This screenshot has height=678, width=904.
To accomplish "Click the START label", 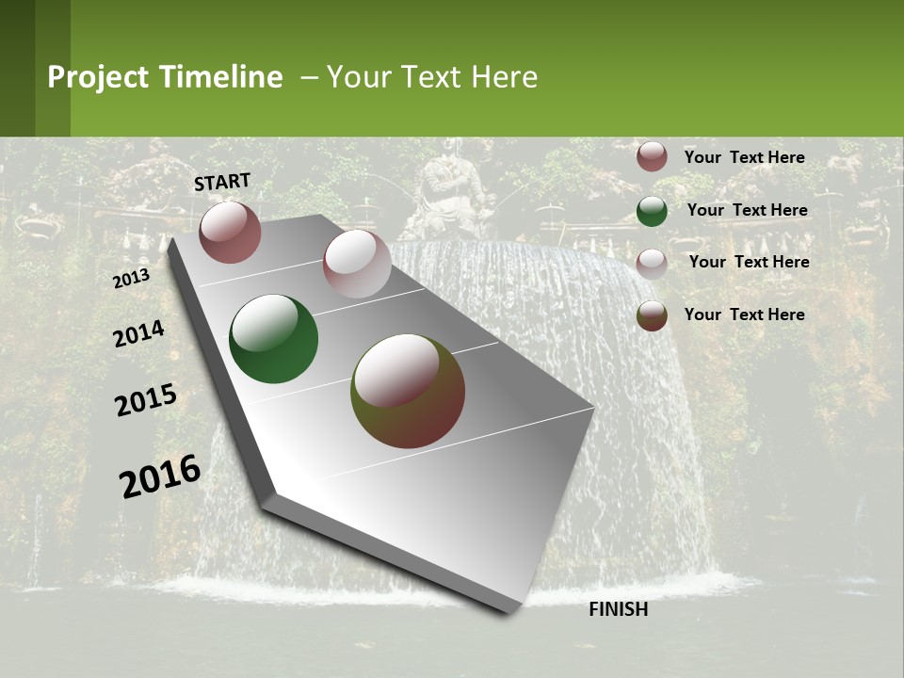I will coord(222,182).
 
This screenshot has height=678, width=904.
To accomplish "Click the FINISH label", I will coord(618,609).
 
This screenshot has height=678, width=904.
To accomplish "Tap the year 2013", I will coord(131,279).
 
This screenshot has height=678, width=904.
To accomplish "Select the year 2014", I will coord(138,334).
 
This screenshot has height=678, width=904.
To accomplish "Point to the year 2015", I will coord(146,400).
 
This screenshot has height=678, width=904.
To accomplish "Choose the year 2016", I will coord(160,476).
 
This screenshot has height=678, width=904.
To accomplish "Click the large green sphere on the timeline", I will coord(274,339).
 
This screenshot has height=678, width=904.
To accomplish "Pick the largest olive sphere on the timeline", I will coord(408,391).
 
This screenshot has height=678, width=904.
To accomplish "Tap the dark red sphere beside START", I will coord(230,232).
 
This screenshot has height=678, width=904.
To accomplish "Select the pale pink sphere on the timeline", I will coord(357,264).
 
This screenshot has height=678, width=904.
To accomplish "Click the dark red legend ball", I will coord(652,157).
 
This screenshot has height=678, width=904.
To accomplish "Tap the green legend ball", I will coord(652,211).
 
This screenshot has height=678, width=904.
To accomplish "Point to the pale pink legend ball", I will coord(652,264).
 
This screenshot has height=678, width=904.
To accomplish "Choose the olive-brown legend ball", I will coord(652,315).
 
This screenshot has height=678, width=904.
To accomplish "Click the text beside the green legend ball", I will coord(747,210).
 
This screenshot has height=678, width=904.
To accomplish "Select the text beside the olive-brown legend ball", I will coord(744,315).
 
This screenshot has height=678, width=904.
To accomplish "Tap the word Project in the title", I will coord(99,77).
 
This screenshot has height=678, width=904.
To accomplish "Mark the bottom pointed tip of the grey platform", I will coord(508,610).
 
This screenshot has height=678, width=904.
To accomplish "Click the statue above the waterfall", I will coord(450,198).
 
